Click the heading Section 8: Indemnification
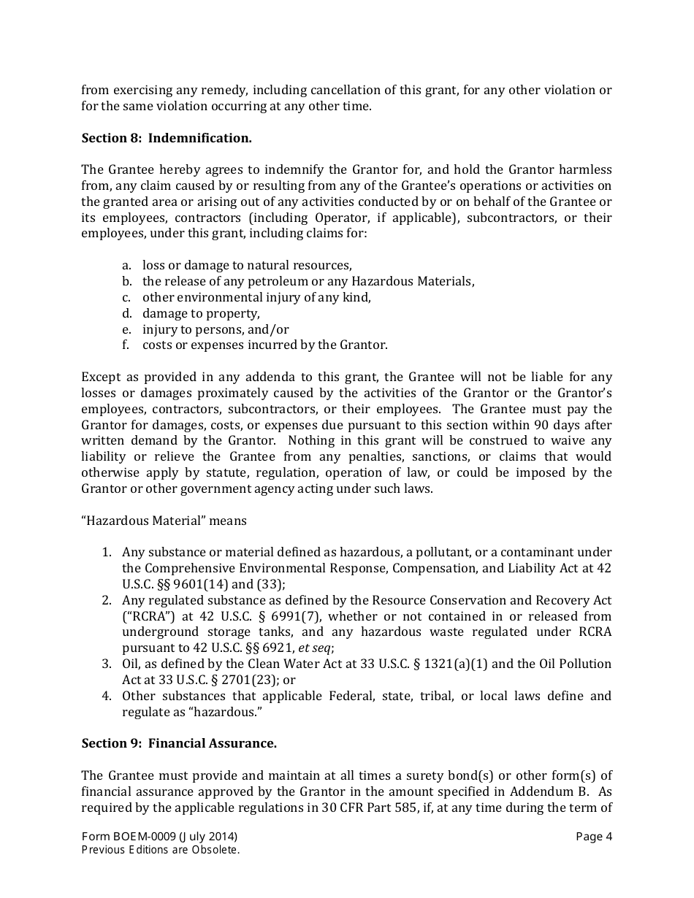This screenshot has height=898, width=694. [167, 137]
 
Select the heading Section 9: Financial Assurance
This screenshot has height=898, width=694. [179, 743]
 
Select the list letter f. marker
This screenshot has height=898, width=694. [126, 345]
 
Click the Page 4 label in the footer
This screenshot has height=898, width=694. [593, 837]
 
